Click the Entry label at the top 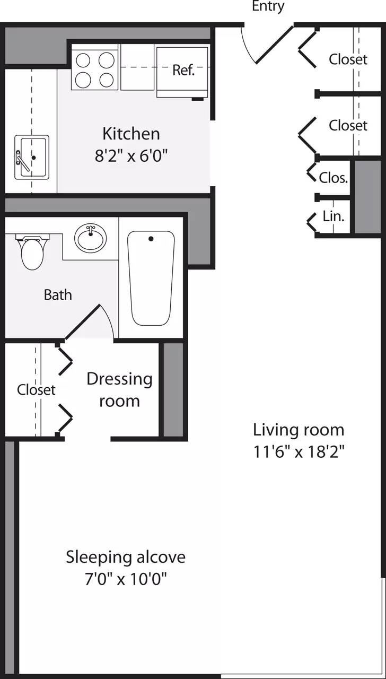tap(268, 6)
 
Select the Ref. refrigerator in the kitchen tap(183, 71)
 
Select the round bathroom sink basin tap(90, 239)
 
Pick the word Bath tap(58, 295)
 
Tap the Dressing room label tap(119, 390)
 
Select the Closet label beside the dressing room tap(36, 390)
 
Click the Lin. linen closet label tap(333, 216)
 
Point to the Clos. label tap(334, 178)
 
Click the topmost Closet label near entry tap(348, 59)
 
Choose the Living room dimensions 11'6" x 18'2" tap(299, 452)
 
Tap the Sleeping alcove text tap(126, 557)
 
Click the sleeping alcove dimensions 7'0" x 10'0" tap(126, 579)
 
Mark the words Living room tap(299, 429)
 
